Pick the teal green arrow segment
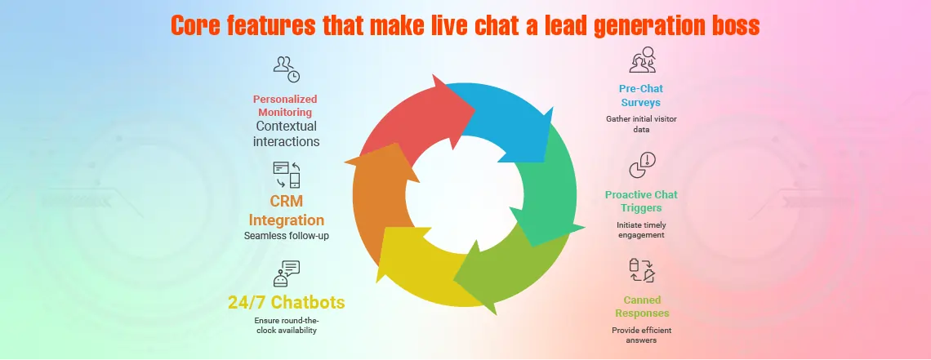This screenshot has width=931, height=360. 552,192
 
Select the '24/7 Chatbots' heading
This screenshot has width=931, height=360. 286,303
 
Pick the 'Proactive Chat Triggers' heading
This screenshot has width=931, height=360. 641,200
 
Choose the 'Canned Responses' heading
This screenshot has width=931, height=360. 641,306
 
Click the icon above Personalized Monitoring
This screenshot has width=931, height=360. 286,68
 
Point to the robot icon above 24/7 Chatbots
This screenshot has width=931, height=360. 287,274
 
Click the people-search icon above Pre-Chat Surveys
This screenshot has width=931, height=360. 643,61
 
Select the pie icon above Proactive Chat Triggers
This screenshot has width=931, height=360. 641,166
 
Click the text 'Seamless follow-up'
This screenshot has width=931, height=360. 285,236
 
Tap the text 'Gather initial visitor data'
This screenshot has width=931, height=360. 641,124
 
